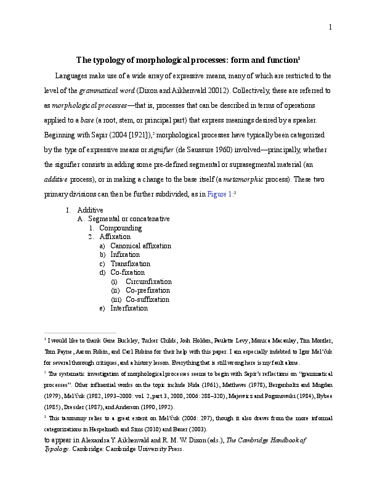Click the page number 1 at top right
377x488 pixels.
point(330,26)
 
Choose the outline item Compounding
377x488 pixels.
point(120,228)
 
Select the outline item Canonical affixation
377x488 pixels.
point(140,246)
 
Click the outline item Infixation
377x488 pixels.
point(125,254)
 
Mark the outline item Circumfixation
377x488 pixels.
point(148,282)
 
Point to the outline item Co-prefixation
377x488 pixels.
point(148,290)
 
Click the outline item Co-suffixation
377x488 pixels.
point(147,299)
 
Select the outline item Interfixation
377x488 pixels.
point(129,308)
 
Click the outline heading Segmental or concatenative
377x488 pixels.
point(129,219)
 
